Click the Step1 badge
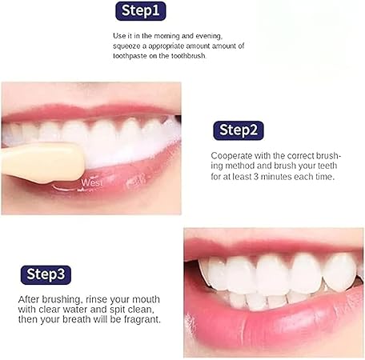(141, 11)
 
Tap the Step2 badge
(239, 130)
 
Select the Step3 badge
(46, 274)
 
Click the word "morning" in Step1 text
(166, 36)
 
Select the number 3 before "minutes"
(256, 177)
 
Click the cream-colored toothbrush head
(44, 162)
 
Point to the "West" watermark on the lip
(92, 182)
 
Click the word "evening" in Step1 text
(208, 36)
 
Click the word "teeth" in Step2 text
(327, 166)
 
